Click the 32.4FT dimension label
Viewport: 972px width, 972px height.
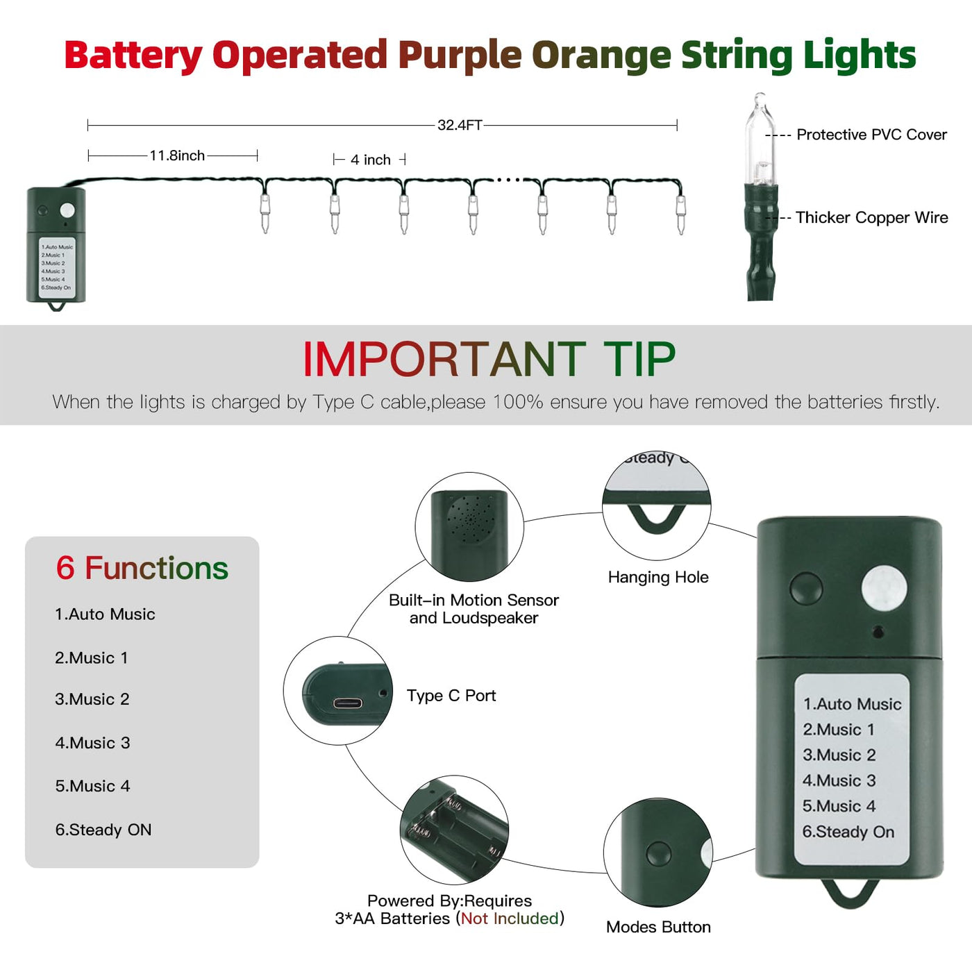pos(460,125)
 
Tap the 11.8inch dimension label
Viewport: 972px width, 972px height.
pos(177,156)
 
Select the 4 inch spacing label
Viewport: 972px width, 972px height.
pos(370,160)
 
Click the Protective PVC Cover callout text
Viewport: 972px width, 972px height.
pos(871,135)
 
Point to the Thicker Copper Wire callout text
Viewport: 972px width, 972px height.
pos(871,217)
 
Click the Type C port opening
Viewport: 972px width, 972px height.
pos(347,703)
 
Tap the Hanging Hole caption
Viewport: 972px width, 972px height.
pos(657,577)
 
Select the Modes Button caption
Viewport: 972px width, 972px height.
pos(658,927)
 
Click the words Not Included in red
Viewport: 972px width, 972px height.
pos(510,918)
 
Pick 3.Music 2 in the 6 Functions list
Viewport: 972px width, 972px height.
pos(92,699)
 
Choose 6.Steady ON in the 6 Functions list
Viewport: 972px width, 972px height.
pos(103,830)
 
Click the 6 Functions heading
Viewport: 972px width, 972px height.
pos(142,568)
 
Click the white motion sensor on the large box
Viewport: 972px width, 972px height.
pos(884,588)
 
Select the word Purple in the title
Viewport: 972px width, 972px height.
pos(460,56)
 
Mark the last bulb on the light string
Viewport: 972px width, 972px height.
pos(680,215)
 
